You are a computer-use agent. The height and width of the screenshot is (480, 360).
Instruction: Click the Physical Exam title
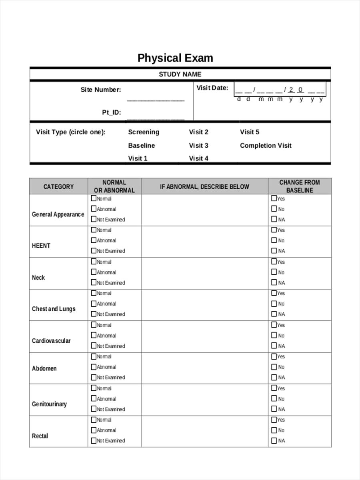pos(175,58)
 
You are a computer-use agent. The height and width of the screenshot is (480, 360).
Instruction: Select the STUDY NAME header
pos(180,74)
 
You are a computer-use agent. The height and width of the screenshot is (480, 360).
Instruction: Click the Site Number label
pos(100,90)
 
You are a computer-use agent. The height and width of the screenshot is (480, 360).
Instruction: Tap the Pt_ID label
pos(111,112)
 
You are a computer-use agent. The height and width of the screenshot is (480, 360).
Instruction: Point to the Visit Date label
pos(212,88)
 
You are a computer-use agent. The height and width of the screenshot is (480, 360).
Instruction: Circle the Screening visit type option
pos(143,132)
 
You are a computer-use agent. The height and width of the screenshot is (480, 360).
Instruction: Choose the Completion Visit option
pos(266,146)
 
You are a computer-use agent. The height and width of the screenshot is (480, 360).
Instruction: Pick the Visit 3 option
pos(198,146)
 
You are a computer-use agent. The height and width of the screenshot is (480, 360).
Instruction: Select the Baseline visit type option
pos(141,146)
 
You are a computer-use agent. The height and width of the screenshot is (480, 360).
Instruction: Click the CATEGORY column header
pos(58,186)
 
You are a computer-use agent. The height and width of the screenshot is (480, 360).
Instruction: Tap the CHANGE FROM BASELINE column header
pos(299,186)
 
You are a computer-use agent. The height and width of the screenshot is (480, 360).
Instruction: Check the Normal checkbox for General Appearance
pos(94,198)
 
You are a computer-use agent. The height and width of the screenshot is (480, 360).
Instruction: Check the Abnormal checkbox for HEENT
pos(94,240)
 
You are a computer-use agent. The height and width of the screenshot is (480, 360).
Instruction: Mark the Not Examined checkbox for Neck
pos(94,282)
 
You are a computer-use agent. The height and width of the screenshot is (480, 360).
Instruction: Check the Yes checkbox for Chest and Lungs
pos(274,293)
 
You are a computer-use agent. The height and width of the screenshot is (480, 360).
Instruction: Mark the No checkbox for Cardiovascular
pos(274,335)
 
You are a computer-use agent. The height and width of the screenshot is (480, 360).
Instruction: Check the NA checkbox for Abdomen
pos(274,377)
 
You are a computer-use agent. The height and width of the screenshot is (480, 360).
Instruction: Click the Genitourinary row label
pos(49,404)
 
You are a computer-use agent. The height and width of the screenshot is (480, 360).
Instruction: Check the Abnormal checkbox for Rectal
pos(94,430)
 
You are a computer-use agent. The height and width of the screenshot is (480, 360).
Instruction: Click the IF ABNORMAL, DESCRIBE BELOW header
pos(204,186)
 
